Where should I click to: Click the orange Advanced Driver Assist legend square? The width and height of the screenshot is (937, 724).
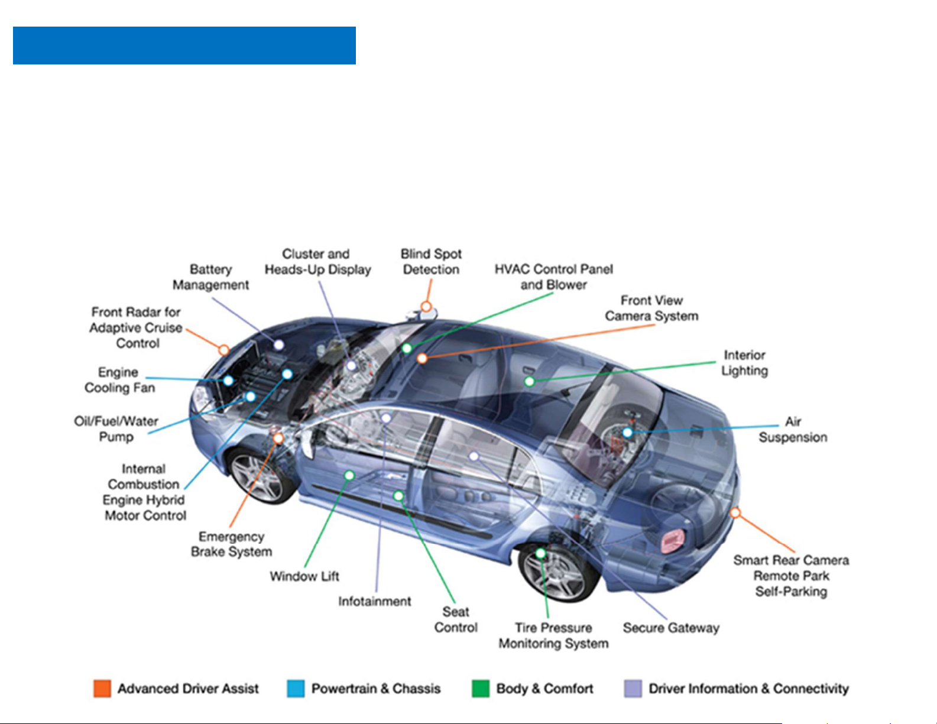pyautogui.click(x=102, y=689)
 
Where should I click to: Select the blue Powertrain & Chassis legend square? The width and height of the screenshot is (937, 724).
pyautogui.click(x=296, y=689)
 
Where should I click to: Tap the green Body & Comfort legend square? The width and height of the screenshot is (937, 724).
pyautogui.click(x=481, y=689)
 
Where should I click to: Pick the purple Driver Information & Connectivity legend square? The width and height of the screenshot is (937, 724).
pyautogui.click(x=633, y=689)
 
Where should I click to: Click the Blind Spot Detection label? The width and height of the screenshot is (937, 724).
pyautogui.click(x=431, y=261)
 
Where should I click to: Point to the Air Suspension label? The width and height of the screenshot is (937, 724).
pyautogui.click(x=793, y=430)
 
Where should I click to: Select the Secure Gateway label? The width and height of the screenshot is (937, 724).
pyautogui.click(x=671, y=628)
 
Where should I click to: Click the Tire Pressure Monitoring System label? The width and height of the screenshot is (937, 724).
pyautogui.click(x=553, y=635)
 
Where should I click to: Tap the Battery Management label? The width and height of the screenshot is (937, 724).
pyautogui.click(x=210, y=277)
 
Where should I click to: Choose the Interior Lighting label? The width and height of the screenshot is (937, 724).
pyautogui.click(x=744, y=363)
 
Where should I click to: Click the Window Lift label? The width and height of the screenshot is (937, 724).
pyautogui.click(x=304, y=576)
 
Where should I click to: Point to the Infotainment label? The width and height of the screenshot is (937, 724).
pyautogui.click(x=374, y=601)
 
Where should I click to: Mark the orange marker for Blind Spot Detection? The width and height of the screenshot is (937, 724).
pyautogui.click(x=426, y=306)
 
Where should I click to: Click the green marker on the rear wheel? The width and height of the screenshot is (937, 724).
pyautogui.click(x=540, y=553)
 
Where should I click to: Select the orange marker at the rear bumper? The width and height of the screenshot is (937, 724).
pyautogui.click(x=735, y=512)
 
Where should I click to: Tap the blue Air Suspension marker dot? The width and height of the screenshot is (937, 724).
pyautogui.click(x=627, y=432)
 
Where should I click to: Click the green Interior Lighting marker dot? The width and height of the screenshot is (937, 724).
pyautogui.click(x=530, y=381)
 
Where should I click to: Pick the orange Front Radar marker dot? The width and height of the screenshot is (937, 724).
pyautogui.click(x=223, y=349)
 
